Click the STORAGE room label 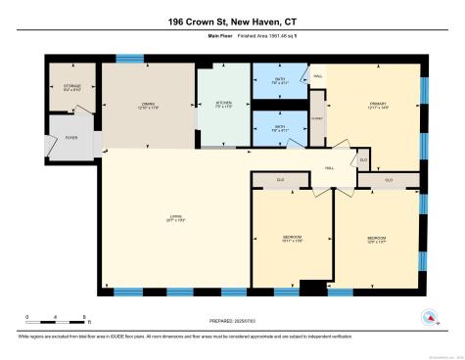pyautogui.click(x=72, y=85)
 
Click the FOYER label pyautogui.click(x=71, y=138)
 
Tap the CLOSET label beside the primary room pyautogui.click(x=317, y=115)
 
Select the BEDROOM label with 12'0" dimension pyautogui.click(x=376, y=238)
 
